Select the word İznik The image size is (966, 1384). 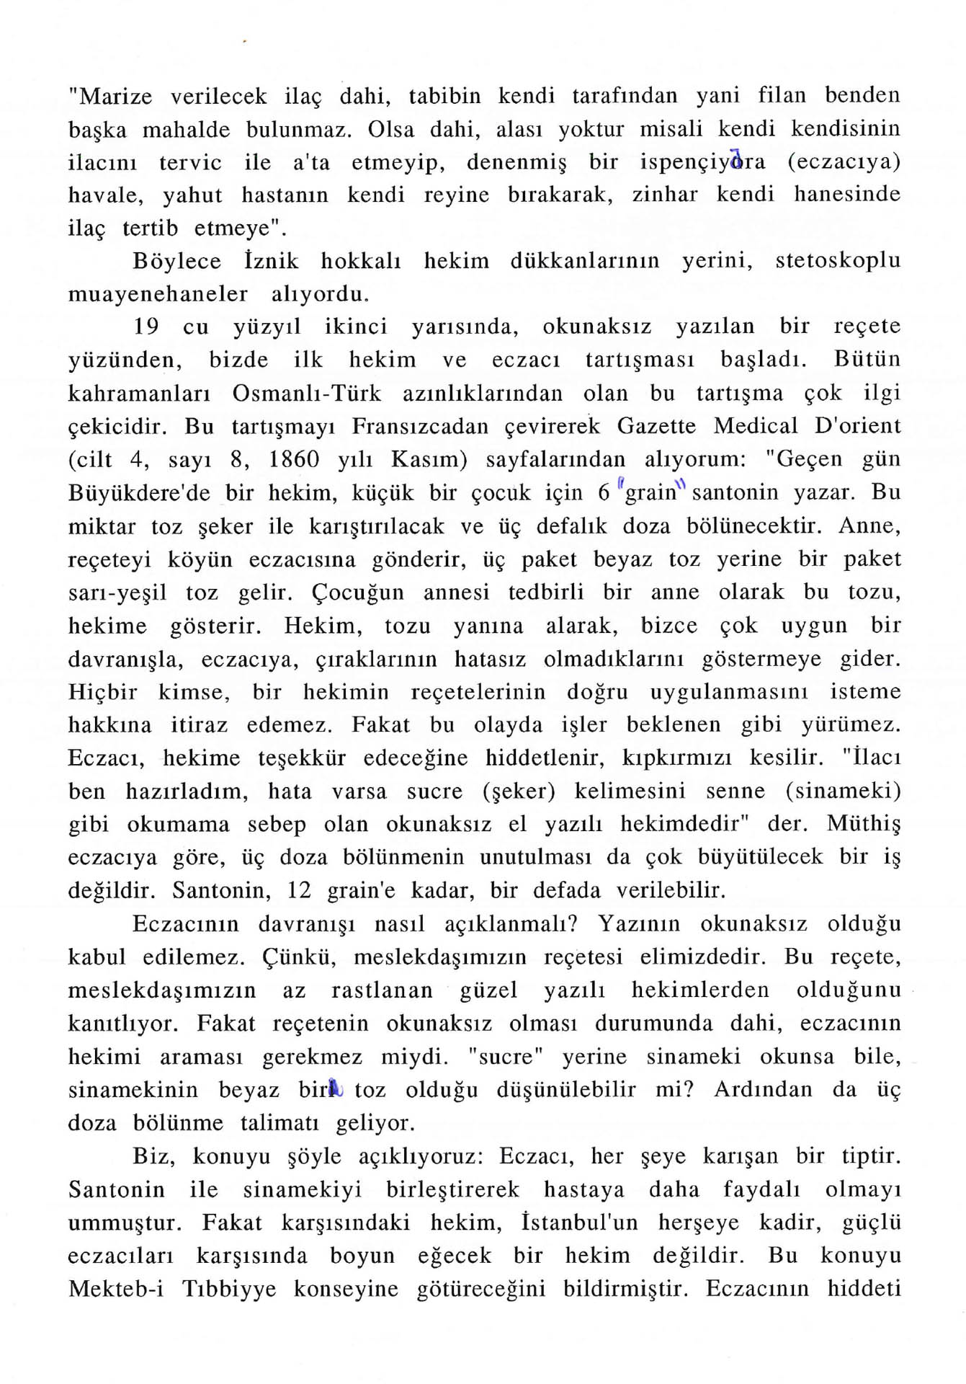point(271,260)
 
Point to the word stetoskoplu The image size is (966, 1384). point(837,260)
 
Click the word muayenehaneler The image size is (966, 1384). point(158,294)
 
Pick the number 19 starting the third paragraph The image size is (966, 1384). point(146,327)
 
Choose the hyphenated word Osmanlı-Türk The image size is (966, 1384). point(307,394)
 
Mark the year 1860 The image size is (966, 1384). point(294,459)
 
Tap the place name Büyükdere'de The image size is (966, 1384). point(139,493)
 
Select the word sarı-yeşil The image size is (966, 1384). point(117,593)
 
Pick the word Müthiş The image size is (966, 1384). point(864,824)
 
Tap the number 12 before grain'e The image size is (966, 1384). point(299,890)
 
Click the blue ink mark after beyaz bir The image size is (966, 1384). point(335,1088)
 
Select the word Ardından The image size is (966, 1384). point(764,1089)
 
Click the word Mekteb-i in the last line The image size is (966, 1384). point(116,1289)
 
